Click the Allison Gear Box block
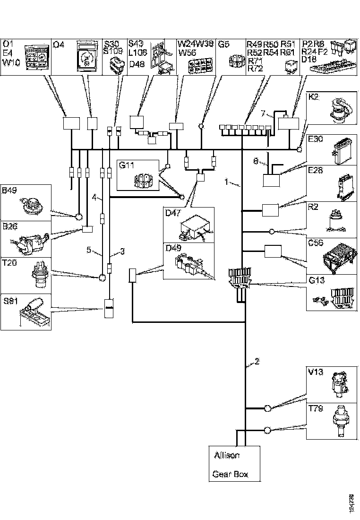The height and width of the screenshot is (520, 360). click(x=235, y=464)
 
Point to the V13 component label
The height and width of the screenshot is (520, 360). click(x=315, y=372)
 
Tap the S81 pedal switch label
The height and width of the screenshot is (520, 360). click(x=9, y=301)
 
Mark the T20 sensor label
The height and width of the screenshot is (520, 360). click(x=9, y=264)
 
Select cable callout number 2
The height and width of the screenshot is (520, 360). click(x=257, y=362)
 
